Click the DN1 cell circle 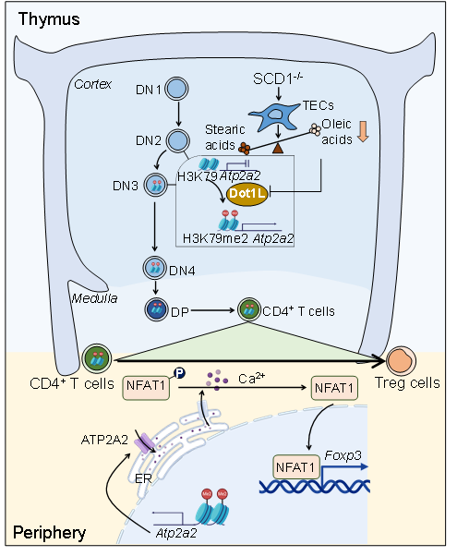click(x=176, y=89)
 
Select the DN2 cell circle click(x=177, y=140)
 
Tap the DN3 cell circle click(x=156, y=185)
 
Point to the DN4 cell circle click(x=154, y=268)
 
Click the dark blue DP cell click(x=156, y=309)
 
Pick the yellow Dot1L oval click(x=247, y=193)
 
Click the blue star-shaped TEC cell click(x=273, y=116)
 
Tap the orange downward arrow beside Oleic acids click(x=363, y=131)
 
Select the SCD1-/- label click(x=278, y=79)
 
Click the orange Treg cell click(x=401, y=360)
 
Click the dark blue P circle click(x=180, y=373)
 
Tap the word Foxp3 click(x=343, y=455)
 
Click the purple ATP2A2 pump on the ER click(x=144, y=443)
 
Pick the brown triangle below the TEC click(x=278, y=148)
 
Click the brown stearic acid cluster click(x=245, y=149)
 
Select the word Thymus click(x=49, y=19)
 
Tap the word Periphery click(x=49, y=533)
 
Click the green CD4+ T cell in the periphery click(x=97, y=358)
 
